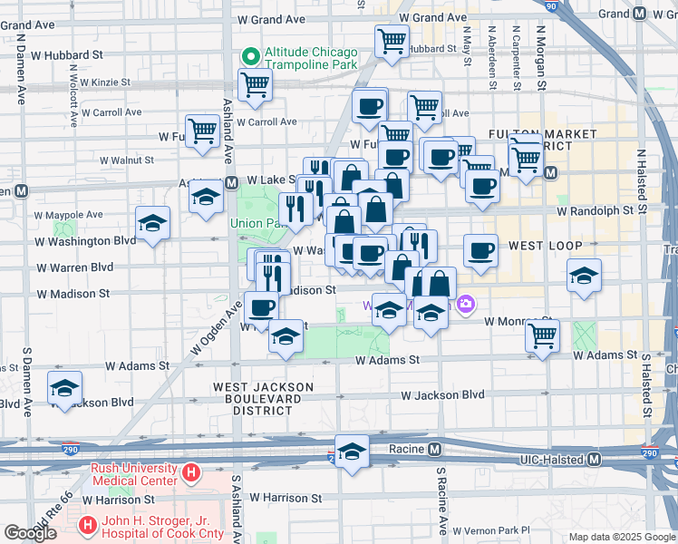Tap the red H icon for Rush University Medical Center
coord(190,472)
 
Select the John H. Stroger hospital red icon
coord(87,524)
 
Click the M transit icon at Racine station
coord(434,449)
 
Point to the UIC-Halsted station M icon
coord(594,460)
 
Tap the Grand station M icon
coord(640,14)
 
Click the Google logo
coord(31,533)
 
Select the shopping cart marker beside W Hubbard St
coord(392,40)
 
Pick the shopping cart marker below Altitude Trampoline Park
coord(255,84)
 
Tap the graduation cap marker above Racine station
coord(352,451)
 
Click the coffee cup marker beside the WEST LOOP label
coord(480,250)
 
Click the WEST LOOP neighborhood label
coord(538,246)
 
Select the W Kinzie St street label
coord(105,83)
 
